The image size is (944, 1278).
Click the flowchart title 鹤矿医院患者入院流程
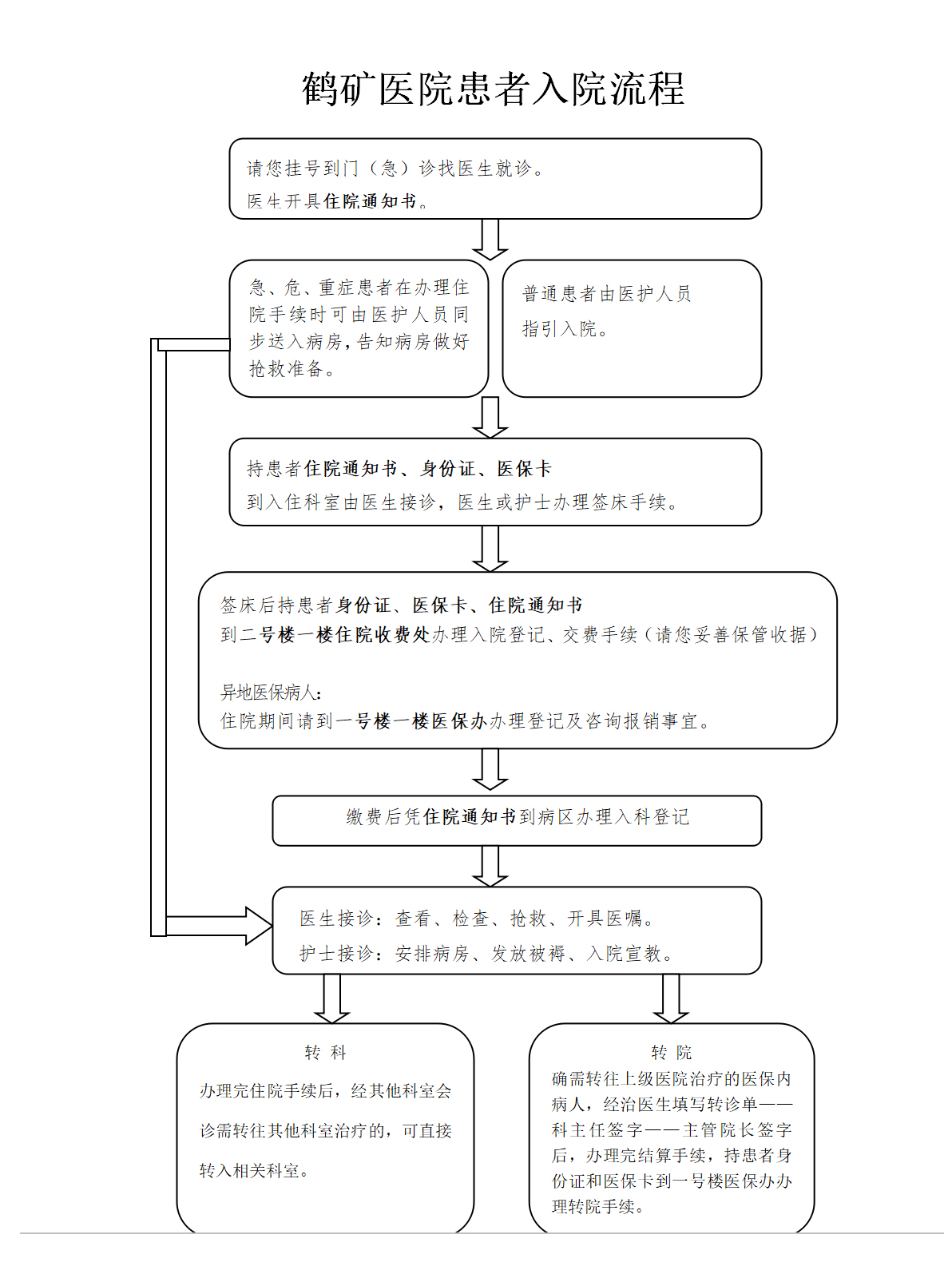tap(493, 89)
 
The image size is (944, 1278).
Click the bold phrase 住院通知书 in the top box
tap(370, 201)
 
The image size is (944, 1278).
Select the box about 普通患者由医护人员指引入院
tap(632, 328)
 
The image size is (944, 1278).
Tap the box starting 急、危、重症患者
tap(359, 328)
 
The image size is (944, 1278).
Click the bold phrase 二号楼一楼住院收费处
tap(345, 634)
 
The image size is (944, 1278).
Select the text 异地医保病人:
tap(271, 692)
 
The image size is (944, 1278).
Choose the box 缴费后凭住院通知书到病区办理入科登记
tap(517, 820)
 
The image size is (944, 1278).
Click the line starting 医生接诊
tap(477, 918)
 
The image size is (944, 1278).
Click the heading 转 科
tap(325, 1053)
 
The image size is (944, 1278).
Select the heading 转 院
tap(672, 1053)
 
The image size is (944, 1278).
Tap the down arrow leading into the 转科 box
tap(332, 998)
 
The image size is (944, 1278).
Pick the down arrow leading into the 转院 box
tap(671, 998)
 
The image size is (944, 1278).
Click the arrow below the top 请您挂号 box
tap(490, 239)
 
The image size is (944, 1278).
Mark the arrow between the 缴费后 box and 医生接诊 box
tap(490, 866)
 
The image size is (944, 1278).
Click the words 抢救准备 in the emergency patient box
tap(286, 369)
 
